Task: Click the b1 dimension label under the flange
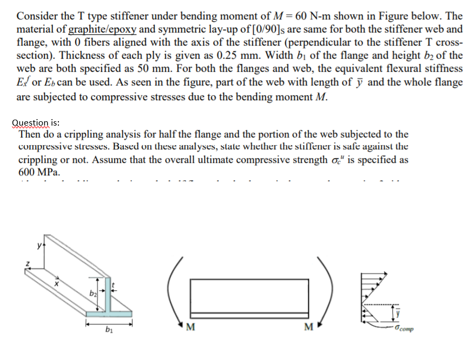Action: pos(109,330)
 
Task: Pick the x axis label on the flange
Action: pos(55,283)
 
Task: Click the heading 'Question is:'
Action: pos(36,123)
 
